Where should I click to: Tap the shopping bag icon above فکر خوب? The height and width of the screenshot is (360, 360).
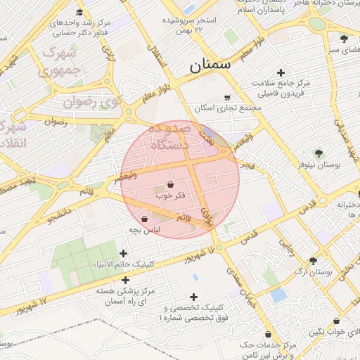pos(172,184)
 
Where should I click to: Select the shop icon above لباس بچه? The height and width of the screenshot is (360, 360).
pos(145,219)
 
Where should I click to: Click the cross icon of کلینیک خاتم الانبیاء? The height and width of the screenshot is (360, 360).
pos(124,253)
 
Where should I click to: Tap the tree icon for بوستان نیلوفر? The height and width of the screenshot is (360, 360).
pos(320,154)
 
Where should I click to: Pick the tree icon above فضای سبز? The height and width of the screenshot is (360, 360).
pos(343,39)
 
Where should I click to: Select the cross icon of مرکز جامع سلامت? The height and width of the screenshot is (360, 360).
pos(281,72)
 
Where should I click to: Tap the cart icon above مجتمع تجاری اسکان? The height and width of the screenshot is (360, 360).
pos(226,98)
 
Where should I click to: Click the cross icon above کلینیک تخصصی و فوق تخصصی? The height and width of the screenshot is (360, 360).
pos(194,297)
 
